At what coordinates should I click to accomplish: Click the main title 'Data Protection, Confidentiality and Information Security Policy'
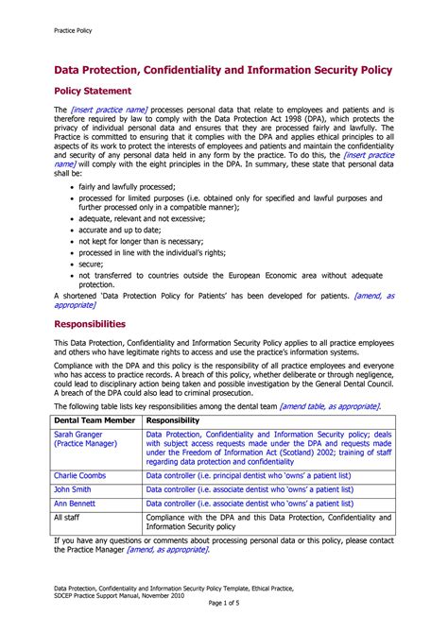point(222,71)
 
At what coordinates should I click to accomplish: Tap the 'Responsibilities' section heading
point(97,323)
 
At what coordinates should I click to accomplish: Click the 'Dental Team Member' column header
point(95,419)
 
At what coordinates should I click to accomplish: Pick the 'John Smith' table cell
point(74,490)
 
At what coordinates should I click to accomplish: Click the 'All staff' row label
point(68,518)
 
